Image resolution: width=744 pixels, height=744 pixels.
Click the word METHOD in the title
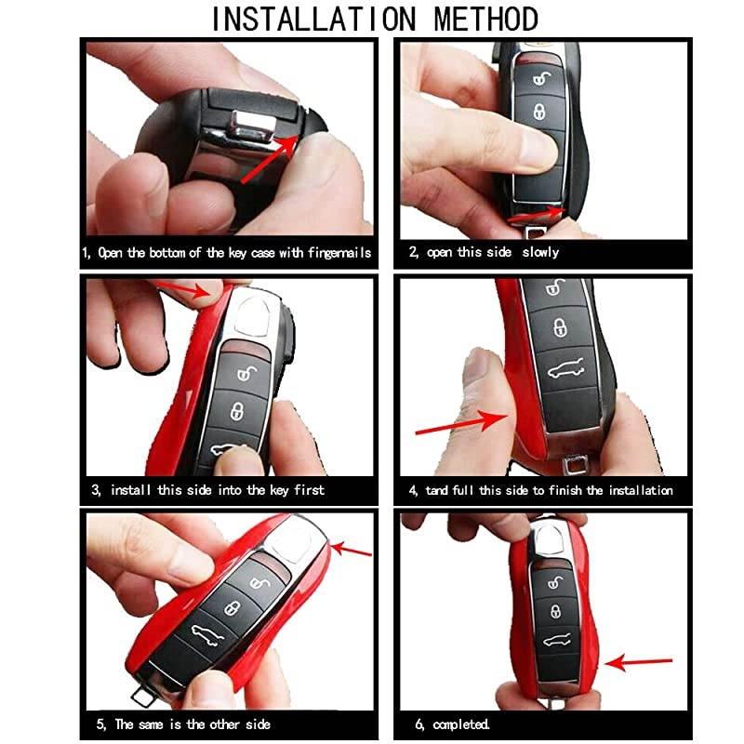point(485,19)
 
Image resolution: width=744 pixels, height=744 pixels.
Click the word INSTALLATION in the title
point(313,19)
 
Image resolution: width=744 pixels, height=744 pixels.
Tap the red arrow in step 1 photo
point(270,159)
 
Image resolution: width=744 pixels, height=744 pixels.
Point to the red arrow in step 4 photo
point(461,422)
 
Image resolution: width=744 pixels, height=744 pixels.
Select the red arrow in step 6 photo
point(639,662)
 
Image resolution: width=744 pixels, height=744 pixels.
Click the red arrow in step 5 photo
point(352,551)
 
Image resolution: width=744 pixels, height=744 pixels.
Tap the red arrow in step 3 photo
point(182,289)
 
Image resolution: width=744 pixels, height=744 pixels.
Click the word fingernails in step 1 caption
point(339,252)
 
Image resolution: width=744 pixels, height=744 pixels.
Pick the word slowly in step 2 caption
point(540,252)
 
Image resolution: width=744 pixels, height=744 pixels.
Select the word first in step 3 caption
point(310,490)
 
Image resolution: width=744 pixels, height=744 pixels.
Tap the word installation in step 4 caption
point(641,490)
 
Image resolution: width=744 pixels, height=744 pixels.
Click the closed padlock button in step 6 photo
point(555,611)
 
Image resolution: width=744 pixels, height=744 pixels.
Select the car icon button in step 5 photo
point(206,634)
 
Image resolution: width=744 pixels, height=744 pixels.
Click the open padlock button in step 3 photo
point(245,374)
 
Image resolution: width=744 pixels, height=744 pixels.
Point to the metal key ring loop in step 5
point(144,694)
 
